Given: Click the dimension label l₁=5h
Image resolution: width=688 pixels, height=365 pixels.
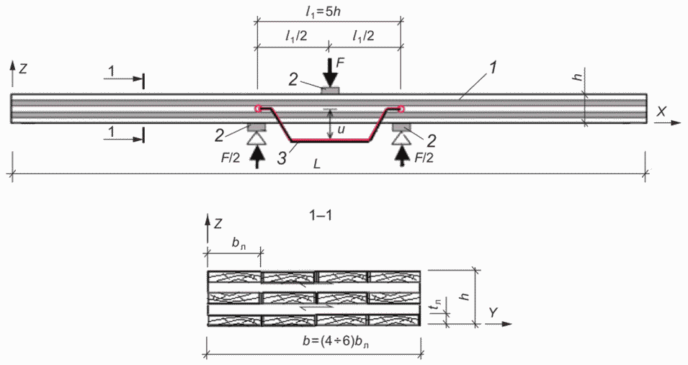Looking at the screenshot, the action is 323,12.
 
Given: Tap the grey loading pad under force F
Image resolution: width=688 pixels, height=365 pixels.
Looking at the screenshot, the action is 331,91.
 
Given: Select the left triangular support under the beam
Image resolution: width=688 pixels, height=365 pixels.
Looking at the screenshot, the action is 257,138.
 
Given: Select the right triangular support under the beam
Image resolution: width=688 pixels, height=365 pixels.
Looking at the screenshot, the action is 401,138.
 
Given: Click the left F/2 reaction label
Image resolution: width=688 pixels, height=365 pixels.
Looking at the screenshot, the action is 231,158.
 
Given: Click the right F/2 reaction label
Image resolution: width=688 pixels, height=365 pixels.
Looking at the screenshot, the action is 423,158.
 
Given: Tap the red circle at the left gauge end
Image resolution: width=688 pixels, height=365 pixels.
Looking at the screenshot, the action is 258,109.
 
